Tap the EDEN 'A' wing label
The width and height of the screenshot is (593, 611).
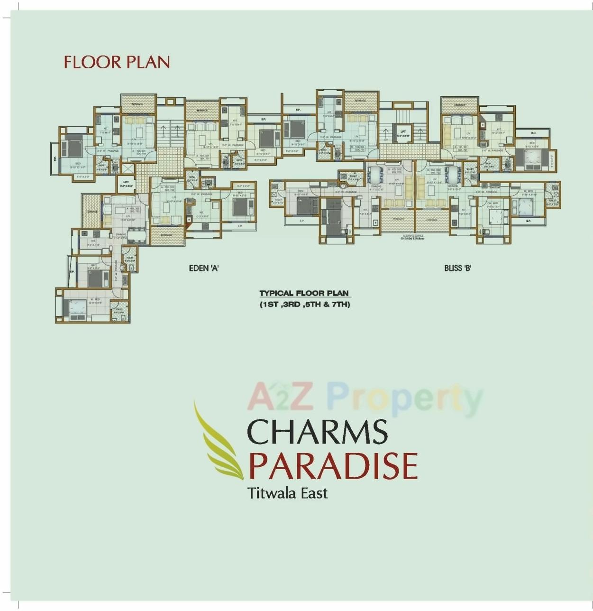tap(204, 268)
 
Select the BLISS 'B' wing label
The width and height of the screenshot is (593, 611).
tap(457, 268)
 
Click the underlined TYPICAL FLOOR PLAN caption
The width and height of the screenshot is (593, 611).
tap(304, 294)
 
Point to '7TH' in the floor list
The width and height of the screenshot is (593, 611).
tap(341, 305)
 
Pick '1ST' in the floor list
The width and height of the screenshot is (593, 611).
tap(270, 305)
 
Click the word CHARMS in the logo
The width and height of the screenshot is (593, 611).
tap(317, 432)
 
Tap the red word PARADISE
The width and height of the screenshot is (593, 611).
tap(333, 466)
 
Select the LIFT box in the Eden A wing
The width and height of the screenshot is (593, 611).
tap(126, 183)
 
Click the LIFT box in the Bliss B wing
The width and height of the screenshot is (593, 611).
tap(403, 133)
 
